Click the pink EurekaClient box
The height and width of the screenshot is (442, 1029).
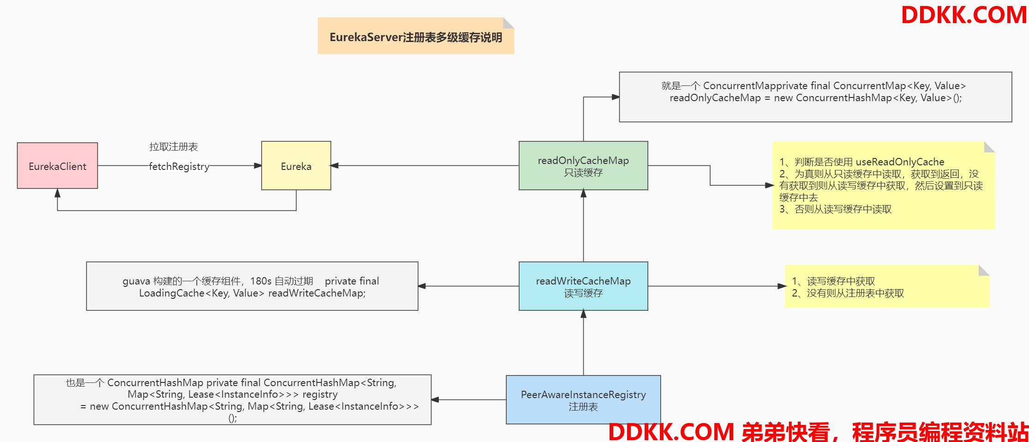[57, 166]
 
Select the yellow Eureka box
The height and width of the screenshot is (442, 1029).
[296, 166]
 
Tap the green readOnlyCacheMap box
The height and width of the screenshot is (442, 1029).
[583, 166]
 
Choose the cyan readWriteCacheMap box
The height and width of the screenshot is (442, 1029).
[583, 286]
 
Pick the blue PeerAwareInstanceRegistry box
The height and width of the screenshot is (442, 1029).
[583, 400]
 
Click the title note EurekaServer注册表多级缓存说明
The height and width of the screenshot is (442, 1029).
[415, 37]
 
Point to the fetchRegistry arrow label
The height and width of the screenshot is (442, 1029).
[179, 166]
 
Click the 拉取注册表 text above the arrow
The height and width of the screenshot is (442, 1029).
[173, 147]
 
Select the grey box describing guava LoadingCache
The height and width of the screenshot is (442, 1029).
[252, 286]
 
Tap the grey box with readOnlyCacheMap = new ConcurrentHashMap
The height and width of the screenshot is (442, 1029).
[815, 97]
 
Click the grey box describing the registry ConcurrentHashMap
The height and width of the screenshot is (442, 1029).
[232, 400]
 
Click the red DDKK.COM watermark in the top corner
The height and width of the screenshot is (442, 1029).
[963, 15]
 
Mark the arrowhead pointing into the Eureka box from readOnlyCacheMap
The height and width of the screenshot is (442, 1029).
[335, 165]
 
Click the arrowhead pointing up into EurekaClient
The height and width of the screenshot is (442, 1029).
[57, 193]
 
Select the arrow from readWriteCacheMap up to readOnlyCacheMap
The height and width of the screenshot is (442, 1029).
[583, 226]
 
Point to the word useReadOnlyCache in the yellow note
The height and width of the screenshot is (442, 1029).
[900, 162]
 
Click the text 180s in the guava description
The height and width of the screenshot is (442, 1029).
[261, 281]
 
